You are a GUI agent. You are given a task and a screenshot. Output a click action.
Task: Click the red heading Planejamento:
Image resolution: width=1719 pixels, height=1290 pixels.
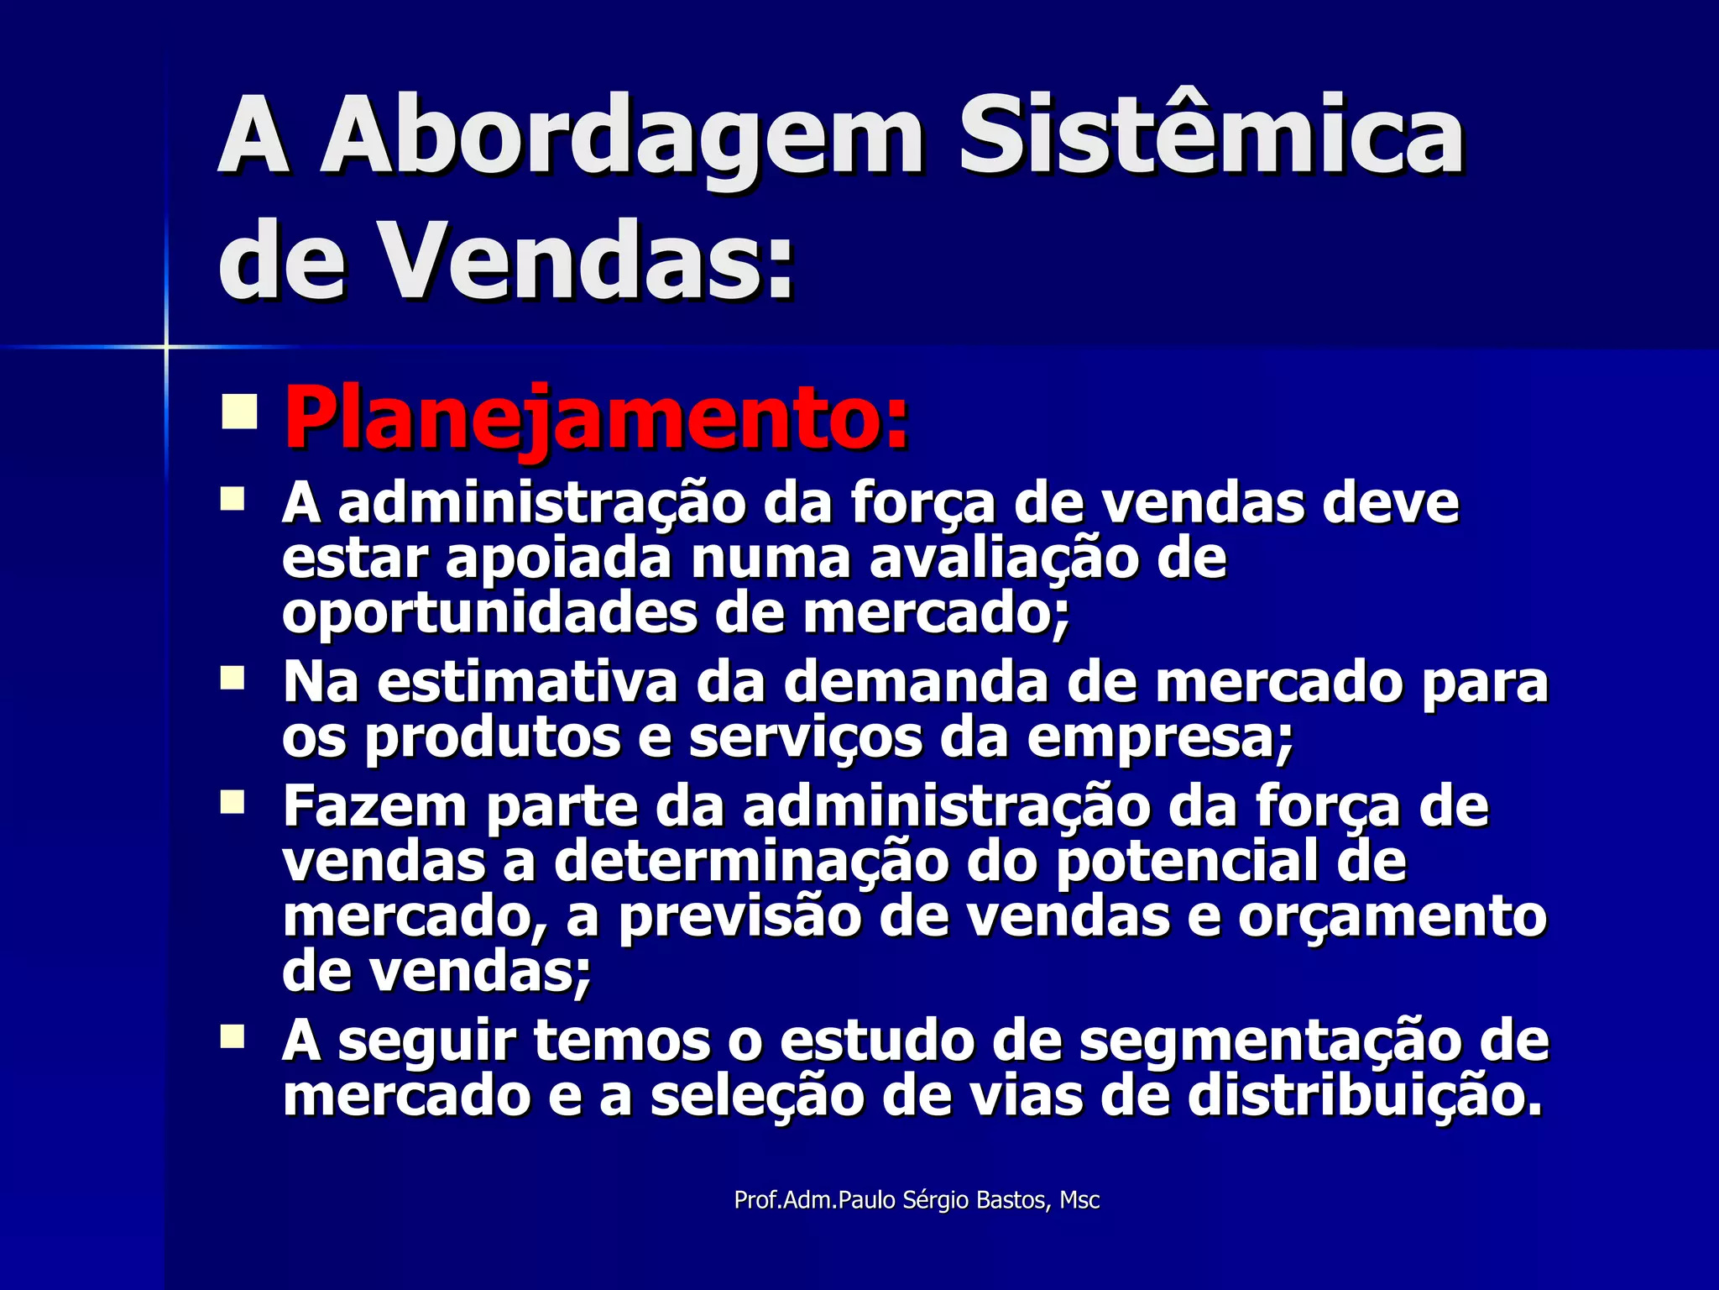(x=597, y=417)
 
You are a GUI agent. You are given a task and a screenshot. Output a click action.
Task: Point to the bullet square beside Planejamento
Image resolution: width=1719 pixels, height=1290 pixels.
(x=239, y=412)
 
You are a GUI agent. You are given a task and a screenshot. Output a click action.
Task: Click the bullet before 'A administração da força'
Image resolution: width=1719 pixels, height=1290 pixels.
(x=232, y=501)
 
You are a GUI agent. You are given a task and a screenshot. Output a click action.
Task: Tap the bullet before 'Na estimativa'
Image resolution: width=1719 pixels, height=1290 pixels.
(x=232, y=679)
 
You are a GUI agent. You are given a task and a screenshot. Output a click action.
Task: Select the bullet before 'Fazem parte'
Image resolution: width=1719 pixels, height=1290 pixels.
(x=232, y=802)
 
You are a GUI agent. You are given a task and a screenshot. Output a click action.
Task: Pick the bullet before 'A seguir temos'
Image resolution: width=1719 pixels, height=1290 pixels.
(x=232, y=1036)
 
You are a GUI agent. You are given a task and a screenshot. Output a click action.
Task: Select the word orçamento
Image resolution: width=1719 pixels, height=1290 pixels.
(x=1392, y=917)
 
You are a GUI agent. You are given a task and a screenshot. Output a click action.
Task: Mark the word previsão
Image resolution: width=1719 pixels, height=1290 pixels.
(x=739, y=917)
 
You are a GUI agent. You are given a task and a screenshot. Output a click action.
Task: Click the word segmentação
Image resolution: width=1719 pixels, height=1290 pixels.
(x=1271, y=1041)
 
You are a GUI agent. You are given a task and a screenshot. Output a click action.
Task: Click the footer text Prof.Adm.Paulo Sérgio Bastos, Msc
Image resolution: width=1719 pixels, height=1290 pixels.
(x=917, y=1200)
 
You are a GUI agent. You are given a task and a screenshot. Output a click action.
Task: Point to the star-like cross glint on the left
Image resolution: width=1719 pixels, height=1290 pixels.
(x=166, y=346)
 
